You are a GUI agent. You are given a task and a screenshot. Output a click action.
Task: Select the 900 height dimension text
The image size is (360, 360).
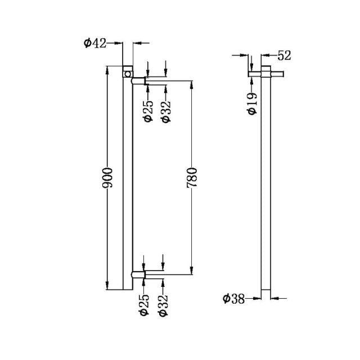point(110,178)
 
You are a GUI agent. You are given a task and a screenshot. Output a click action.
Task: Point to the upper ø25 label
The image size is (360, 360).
point(148,110)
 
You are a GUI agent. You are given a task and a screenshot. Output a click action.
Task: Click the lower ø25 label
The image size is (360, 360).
point(145,303)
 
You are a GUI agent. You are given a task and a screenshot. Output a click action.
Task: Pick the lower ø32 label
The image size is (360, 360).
point(163,303)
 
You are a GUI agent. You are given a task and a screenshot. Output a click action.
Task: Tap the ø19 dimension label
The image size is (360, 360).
point(252,102)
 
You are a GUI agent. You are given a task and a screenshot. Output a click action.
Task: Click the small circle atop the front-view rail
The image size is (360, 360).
point(128,73)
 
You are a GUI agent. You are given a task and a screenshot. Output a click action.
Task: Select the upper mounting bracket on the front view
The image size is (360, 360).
point(138,81)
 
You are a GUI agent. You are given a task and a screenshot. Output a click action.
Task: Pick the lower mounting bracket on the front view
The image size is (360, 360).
point(138,274)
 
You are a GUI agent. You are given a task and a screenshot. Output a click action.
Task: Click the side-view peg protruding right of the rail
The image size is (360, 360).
point(279,73)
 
